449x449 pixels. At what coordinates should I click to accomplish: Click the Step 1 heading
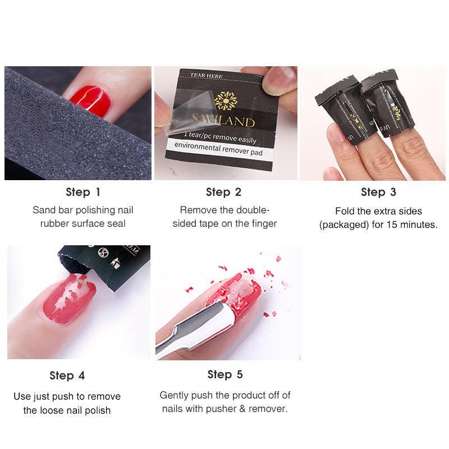tap(83, 192)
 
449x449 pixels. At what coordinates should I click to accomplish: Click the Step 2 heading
tap(223, 192)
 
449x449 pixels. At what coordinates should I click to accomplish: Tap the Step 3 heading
tap(378, 192)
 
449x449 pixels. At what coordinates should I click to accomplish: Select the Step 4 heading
tap(67, 375)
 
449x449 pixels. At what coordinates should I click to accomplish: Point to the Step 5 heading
tap(224, 374)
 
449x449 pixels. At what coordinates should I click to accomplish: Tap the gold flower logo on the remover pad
tap(226, 101)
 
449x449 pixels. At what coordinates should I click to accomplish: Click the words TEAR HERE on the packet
tap(207, 76)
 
